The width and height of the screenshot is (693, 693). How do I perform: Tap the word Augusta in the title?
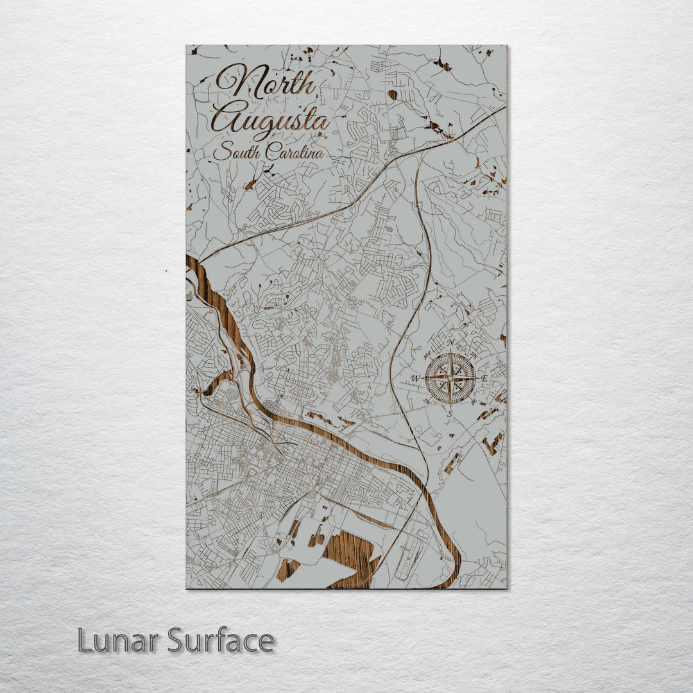pyautogui.click(x=271, y=119)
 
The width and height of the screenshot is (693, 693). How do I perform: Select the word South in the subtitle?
pyautogui.click(x=237, y=153)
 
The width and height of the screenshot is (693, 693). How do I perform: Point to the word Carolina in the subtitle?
pyautogui.click(x=295, y=153)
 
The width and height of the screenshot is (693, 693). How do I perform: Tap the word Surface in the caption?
pyautogui.click(x=221, y=640)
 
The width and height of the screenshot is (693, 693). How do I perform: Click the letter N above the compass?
pyautogui.click(x=450, y=342)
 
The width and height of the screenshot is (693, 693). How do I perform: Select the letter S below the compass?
pyautogui.click(x=450, y=413)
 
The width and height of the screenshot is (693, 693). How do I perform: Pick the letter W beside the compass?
pyautogui.click(x=416, y=378)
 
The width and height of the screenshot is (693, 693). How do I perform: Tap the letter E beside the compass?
pyautogui.click(x=484, y=378)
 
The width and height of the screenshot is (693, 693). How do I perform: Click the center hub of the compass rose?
pyautogui.click(x=450, y=378)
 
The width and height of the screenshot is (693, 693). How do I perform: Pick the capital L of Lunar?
pyautogui.click(x=85, y=640)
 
